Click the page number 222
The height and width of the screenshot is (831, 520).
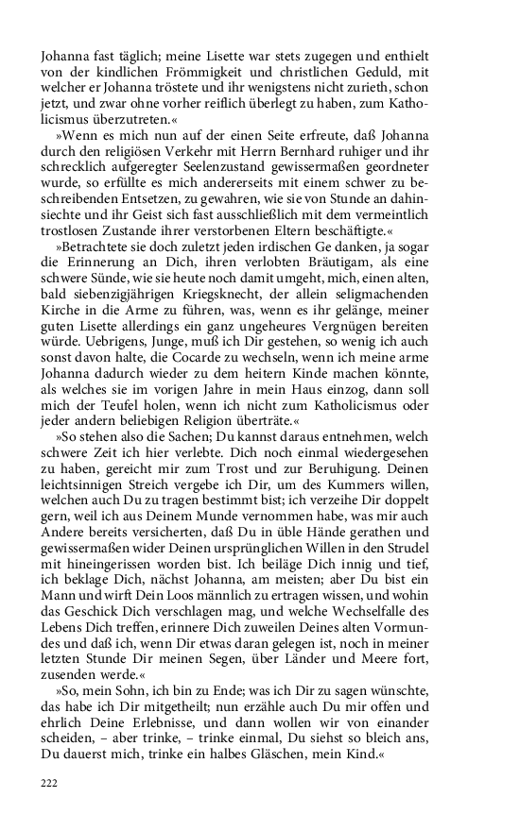[x=49, y=782]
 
